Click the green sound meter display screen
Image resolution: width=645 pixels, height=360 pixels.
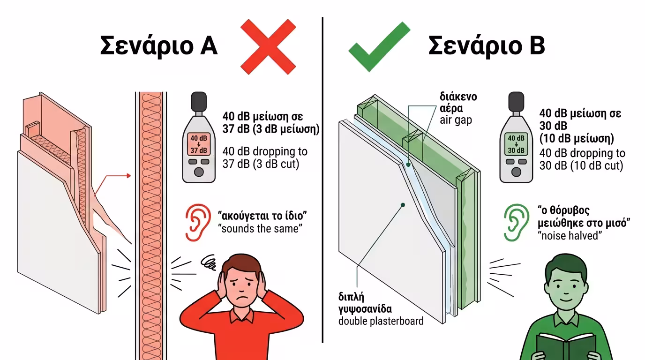[x=516, y=144]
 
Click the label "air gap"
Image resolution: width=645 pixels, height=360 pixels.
[x=456, y=120]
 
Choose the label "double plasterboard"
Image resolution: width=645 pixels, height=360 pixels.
[x=381, y=321]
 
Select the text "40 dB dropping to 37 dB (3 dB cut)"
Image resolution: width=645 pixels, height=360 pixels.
[x=265, y=158]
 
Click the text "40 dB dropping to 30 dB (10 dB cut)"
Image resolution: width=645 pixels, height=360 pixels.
[x=582, y=159]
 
